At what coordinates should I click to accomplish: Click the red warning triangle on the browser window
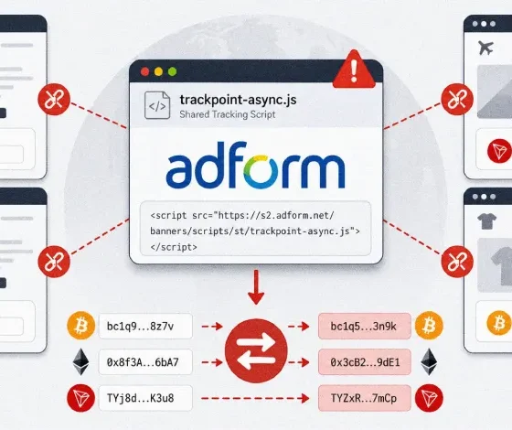click(x=354, y=70)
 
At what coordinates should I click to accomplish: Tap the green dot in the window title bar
click(x=172, y=71)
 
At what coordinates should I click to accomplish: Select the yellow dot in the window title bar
click(x=159, y=71)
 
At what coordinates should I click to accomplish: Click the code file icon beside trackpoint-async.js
click(x=157, y=105)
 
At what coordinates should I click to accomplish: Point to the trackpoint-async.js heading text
click(x=238, y=100)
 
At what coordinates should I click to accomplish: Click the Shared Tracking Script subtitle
click(x=228, y=114)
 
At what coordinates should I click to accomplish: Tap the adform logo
click(x=255, y=165)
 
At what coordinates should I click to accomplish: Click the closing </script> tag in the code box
click(x=174, y=247)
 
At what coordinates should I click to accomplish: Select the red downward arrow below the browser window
click(x=256, y=287)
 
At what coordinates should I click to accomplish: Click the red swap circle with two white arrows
click(x=256, y=350)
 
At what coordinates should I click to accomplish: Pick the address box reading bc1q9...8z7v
click(x=145, y=326)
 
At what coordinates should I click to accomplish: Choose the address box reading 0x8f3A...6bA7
click(x=145, y=362)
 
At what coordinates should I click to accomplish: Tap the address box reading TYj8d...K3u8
click(x=145, y=398)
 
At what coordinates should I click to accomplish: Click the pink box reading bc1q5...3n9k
click(x=365, y=326)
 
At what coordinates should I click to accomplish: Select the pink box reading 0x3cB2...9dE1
click(x=365, y=362)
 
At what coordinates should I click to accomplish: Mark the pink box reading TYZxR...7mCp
click(x=365, y=398)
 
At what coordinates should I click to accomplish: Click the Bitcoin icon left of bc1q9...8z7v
click(x=81, y=326)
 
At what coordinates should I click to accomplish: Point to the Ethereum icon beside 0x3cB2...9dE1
click(x=429, y=361)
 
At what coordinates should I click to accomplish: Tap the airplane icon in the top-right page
click(x=485, y=48)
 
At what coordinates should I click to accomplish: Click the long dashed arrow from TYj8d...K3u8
click(x=255, y=398)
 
